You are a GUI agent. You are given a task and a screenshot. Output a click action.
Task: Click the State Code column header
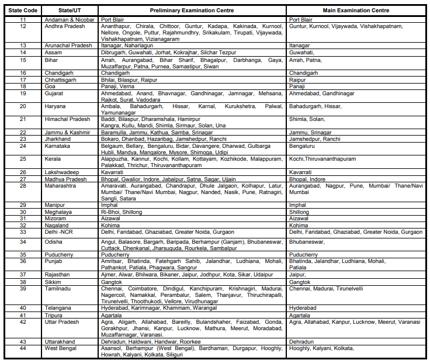22,11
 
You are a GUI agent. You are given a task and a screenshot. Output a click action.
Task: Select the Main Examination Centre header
356,11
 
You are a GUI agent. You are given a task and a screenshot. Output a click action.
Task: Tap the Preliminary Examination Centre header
192,11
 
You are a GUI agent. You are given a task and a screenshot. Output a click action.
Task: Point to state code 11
22,20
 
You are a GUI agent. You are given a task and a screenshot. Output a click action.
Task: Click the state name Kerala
53,158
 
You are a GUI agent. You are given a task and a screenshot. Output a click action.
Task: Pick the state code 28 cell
22,186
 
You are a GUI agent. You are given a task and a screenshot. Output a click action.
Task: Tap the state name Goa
50,86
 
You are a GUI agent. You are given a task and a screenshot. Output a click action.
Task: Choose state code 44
22,348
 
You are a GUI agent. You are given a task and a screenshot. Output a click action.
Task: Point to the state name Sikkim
53,282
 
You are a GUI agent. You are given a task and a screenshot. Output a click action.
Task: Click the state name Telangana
58,307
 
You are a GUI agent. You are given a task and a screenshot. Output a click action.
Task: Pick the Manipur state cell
56,205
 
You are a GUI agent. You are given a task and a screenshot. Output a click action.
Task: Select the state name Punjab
54,261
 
